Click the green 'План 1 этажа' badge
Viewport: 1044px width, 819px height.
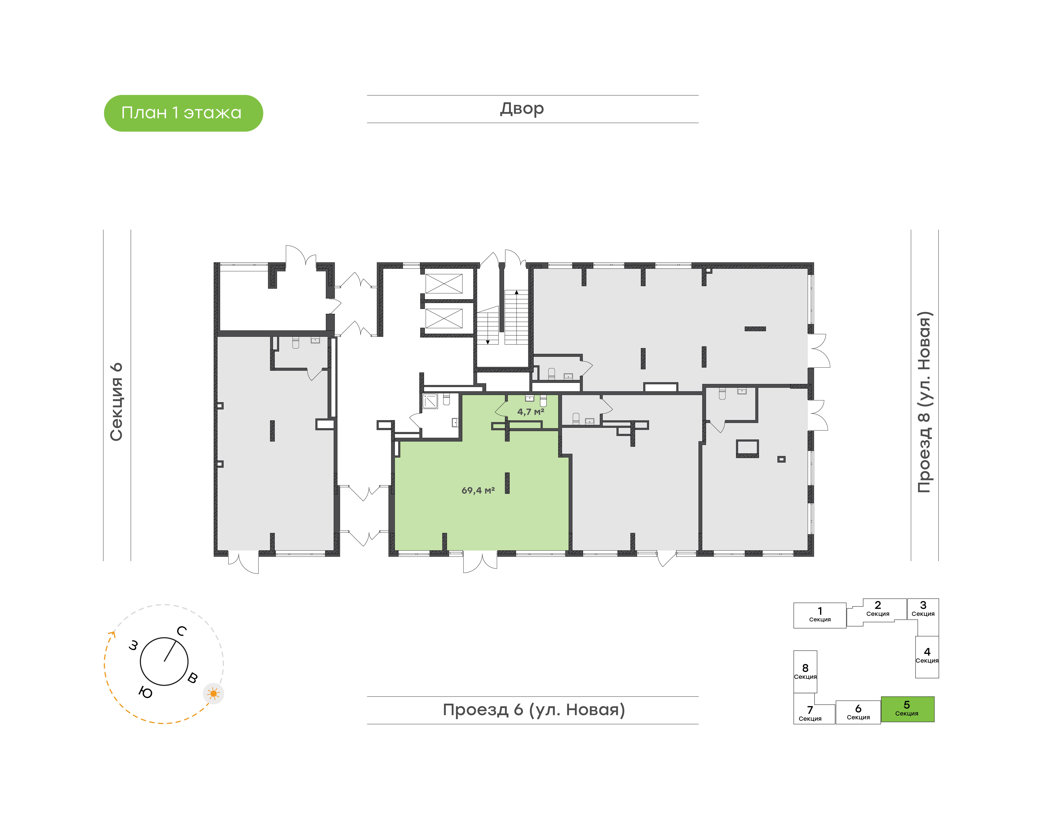click(x=183, y=113)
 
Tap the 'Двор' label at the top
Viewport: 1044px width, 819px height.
click(x=522, y=109)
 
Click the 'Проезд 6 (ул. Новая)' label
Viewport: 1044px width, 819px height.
click(x=534, y=710)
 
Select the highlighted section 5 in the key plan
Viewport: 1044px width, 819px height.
click(x=907, y=709)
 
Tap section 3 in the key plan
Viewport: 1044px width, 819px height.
click(x=923, y=609)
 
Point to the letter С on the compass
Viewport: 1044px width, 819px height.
click(x=181, y=631)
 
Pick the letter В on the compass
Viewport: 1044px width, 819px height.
click(x=192, y=678)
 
